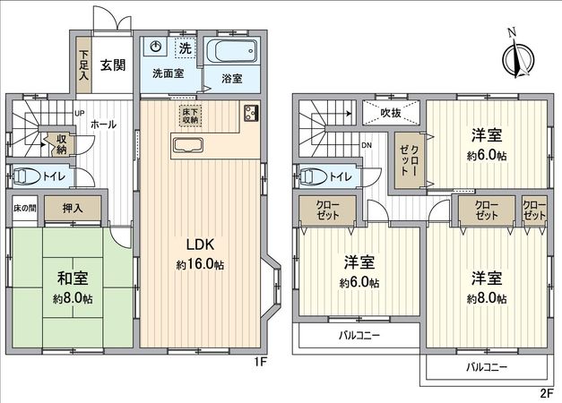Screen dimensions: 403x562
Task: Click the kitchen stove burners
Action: click(248, 115)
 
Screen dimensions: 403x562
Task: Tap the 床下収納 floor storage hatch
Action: click(190, 115)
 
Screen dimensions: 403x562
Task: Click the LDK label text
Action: click(199, 245)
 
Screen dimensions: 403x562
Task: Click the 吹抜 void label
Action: click(391, 114)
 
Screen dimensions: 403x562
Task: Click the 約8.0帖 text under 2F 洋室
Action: click(486, 298)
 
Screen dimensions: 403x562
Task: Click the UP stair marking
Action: click(79, 114)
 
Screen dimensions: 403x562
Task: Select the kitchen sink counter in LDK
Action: click(190, 147)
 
